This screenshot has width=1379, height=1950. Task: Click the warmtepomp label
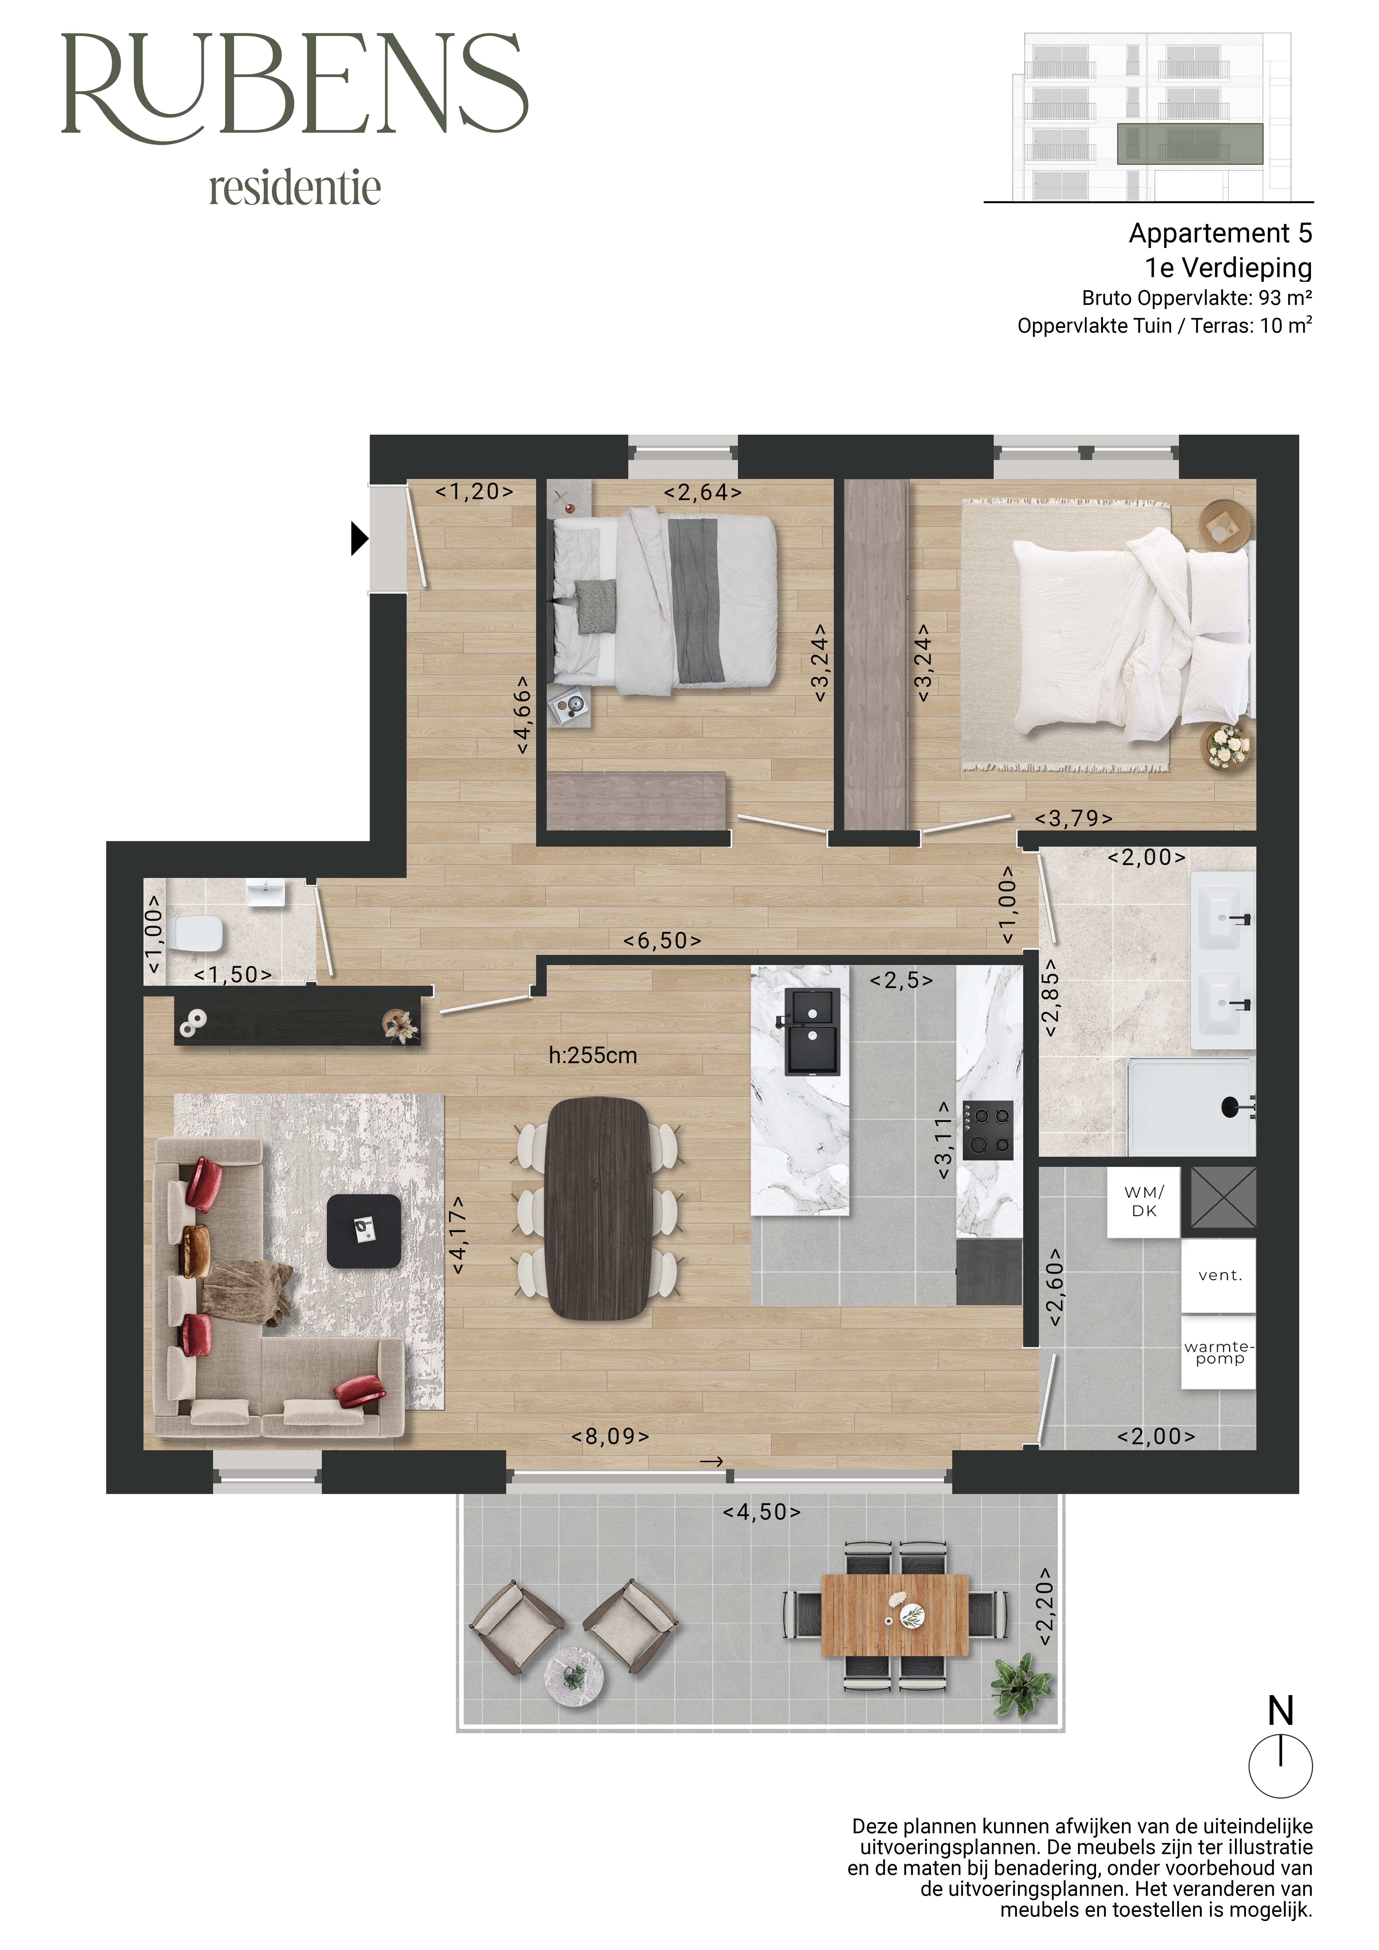(1219, 1352)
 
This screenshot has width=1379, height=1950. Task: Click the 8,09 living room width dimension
(610, 1436)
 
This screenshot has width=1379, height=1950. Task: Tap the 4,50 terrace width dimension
(761, 1512)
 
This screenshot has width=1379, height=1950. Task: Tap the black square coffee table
(364, 1231)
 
